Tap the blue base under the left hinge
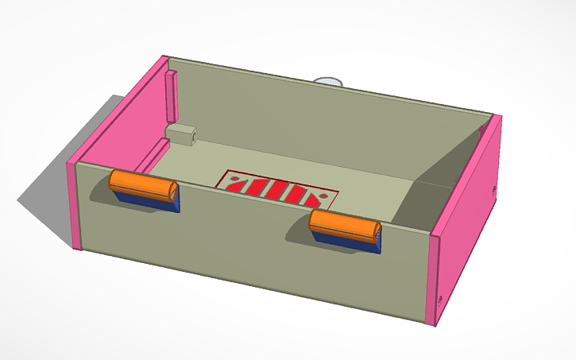pos(151,203)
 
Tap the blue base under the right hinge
pos(350,242)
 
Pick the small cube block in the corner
pos(181,133)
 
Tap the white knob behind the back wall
pos(328,81)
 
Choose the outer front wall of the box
pos(254,254)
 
